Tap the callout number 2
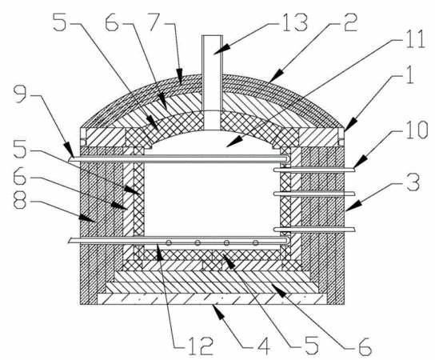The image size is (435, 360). pyautogui.click(x=348, y=22)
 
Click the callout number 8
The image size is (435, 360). pyautogui.click(x=20, y=201)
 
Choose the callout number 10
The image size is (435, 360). pyautogui.click(x=416, y=130)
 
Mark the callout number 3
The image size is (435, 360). pyautogui.click(x=413, y=182)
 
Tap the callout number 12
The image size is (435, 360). pyautogui.click(x=201, y=346)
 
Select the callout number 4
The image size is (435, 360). pyautogui.click(x=263, y=346)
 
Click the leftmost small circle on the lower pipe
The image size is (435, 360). pyautogui.click(x=169, y=243)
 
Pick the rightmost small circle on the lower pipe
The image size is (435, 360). pyautogui.click(x=256, y=243)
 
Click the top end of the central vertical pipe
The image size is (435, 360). pyautogui.click(x=212, y=35)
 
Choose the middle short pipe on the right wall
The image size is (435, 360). pyautogui.click(x=314, y=194)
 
